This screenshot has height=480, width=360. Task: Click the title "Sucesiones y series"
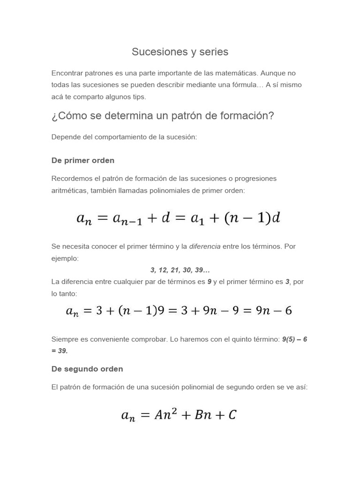pos(180,52)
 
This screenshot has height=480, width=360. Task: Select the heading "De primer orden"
pos(83,160)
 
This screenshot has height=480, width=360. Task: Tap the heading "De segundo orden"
pos(87,369)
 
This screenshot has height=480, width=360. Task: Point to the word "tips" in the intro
pos(139,97)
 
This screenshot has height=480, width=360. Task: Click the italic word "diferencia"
pos(204,246)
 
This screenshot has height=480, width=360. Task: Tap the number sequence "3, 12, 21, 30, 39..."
pos(180,270)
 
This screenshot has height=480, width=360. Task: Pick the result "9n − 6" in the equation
pos(274,311)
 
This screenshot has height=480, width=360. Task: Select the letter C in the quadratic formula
pos(232,414)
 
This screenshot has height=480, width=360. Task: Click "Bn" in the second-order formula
pos(203,414)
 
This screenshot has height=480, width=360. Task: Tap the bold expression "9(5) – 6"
pos(294,339)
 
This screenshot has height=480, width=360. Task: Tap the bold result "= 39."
pos(60,351)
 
